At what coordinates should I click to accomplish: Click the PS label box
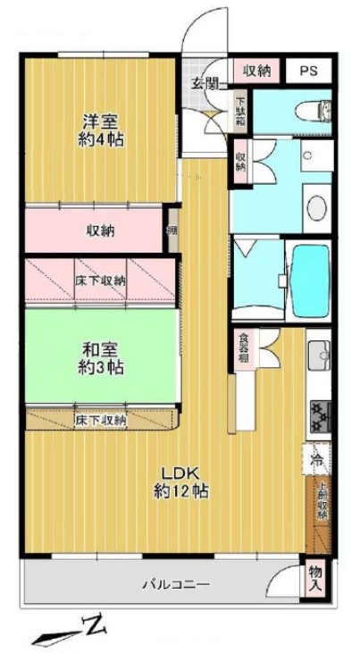[307, 71]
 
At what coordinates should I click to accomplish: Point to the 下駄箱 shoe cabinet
[241, 111]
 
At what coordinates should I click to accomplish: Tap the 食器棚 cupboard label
[243, 349]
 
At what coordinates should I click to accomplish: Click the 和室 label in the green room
[99, 349]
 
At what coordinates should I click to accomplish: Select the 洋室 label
[99, 122]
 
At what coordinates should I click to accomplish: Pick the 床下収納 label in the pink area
[99, 280]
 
